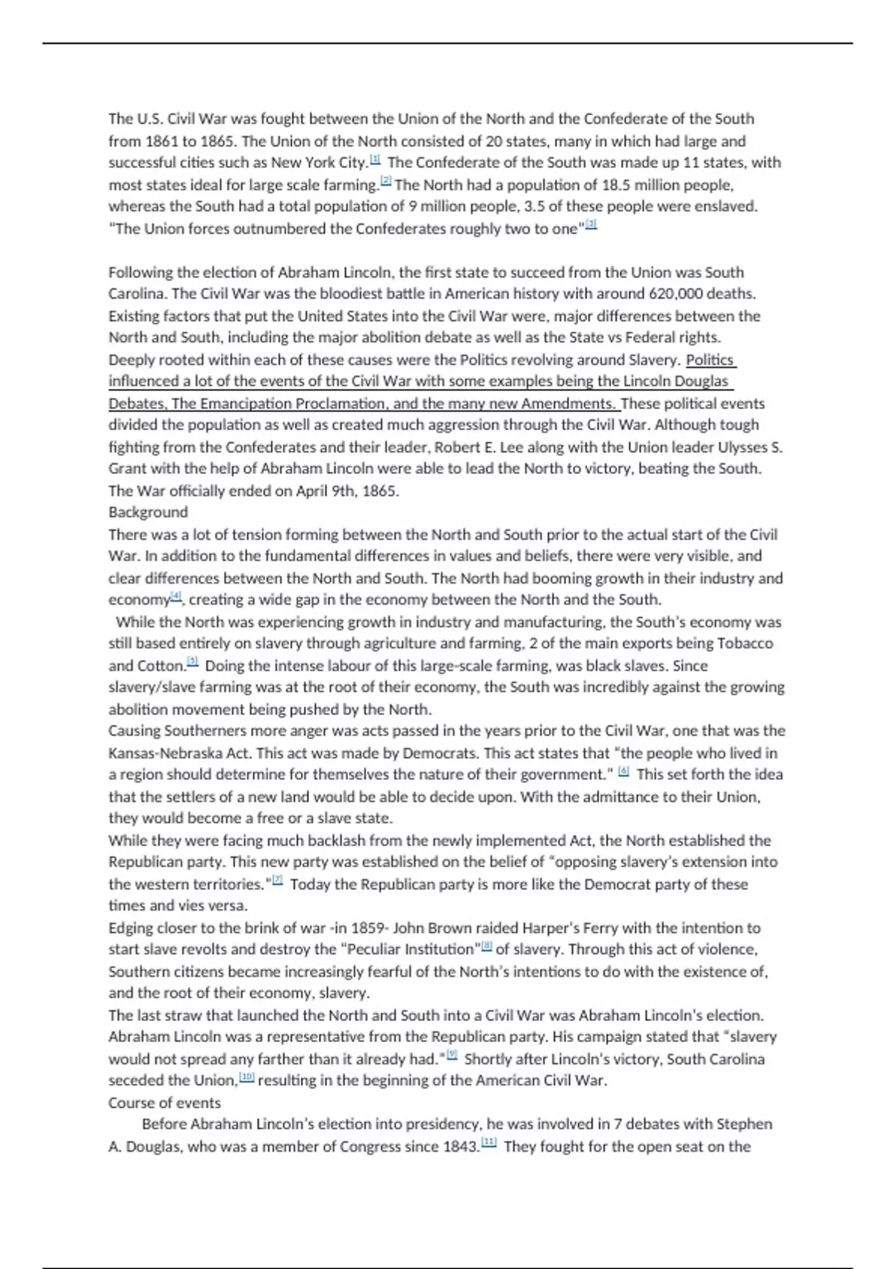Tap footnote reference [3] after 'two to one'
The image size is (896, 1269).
[591, 225]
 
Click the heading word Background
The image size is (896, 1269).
[148, 512]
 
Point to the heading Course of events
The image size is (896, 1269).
[164, 1103]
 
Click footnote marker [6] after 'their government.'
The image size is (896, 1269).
[624, 772]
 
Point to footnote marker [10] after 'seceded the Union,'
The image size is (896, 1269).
[246, 1078]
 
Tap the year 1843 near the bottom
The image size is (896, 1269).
[460, 1147]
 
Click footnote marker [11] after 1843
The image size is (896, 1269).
[489, 1144]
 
